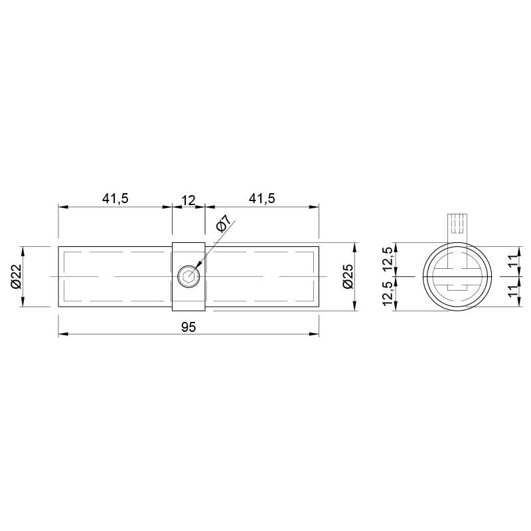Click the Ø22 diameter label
(x=16, y=276)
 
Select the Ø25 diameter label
(x=348, y=276)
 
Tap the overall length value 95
(x=189, y=327)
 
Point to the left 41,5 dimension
(x=115, y=198)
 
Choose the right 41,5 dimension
(x=262, y=198)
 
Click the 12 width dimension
(x=189, y=201)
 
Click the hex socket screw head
(x=189, y=277)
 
